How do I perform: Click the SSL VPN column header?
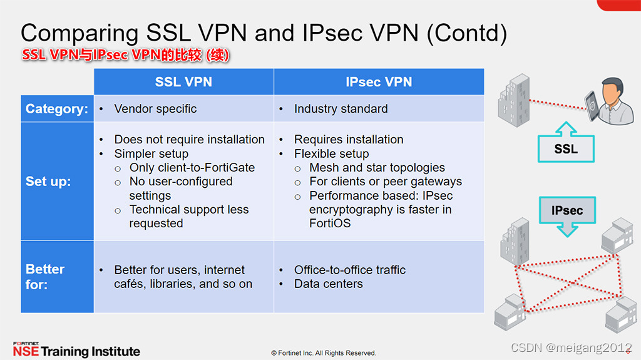pos(183,82)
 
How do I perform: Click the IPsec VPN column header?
pos(379,82)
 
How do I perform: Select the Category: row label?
pos(57,109)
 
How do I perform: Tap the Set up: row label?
pos(48,182)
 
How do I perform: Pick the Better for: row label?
pos(45,276)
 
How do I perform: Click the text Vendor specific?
pos(155,109)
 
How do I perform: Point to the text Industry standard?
pos(341,109)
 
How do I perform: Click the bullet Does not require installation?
pos(189,140)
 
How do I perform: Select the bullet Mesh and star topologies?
pos(377,168)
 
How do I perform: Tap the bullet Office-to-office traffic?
pos(350,270)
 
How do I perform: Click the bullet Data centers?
pos(328,284)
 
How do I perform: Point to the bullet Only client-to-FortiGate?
pos(192,168)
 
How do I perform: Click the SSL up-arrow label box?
pos(565,148)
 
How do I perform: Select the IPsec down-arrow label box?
pos(567,211)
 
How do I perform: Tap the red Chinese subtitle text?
pos(126,55)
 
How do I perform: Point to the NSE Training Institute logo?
pos(76,350)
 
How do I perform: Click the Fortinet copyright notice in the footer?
pos(323,353)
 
